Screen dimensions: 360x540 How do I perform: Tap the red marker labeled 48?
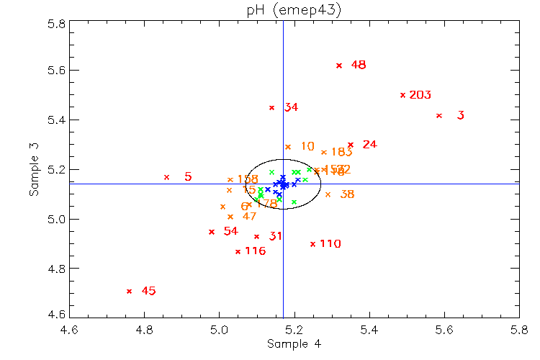pos(339,66)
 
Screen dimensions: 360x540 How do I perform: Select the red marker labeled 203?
pos(402,95)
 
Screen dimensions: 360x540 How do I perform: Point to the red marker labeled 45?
pos(129,291)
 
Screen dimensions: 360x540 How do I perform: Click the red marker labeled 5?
pos(166,177)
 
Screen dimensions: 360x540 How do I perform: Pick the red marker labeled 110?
pos(312,244)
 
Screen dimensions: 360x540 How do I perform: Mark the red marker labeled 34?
pos(271,108)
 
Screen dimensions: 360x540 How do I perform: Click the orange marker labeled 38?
pos(328,194)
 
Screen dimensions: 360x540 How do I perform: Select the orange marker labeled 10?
pos(287,147)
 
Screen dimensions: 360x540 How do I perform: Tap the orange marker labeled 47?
pos(230,217)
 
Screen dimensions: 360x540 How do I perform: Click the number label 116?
pos(255,251)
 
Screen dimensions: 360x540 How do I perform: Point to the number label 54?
pos(230,231)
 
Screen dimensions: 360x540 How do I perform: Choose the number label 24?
pos(370,145)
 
